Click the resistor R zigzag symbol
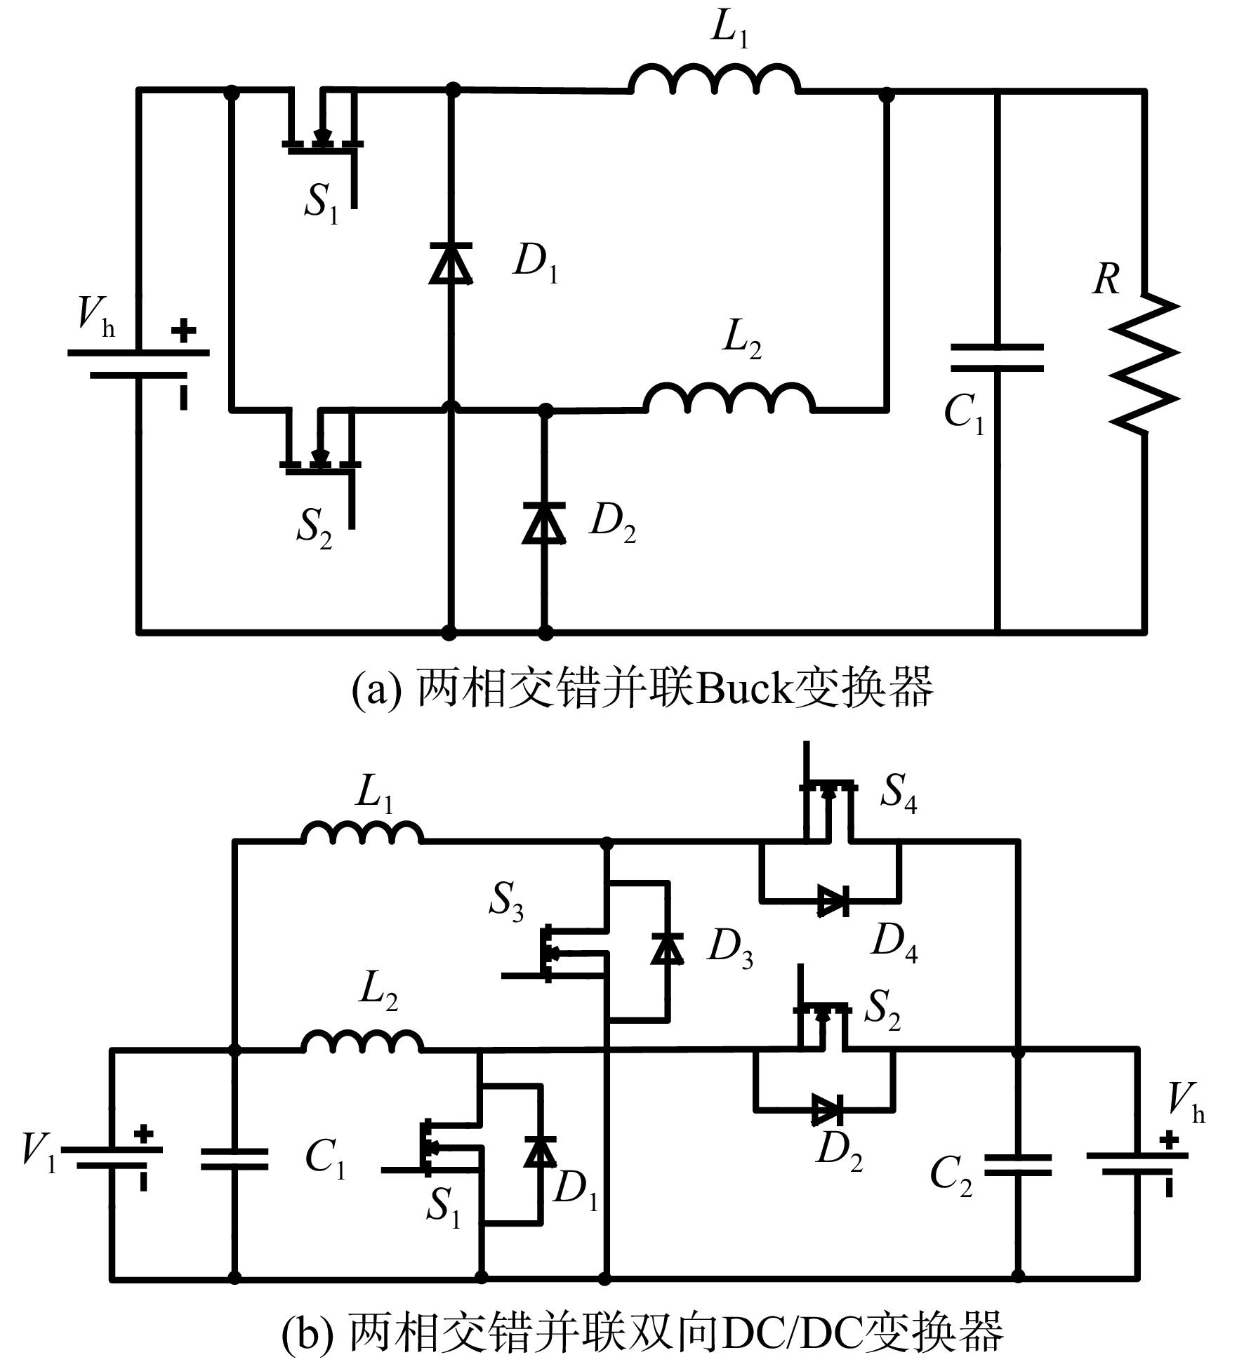point(1144,363)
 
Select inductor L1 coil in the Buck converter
point(715,78)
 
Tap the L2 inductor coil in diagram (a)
point(730,397)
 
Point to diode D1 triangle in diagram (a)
point(450,262)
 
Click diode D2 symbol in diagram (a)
point(544,523)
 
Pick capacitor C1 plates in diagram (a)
point(996,357)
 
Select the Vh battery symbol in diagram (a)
point(139,363)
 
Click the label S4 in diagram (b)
point(899,793)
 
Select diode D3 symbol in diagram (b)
point(667,948)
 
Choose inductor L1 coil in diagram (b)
point(362,832)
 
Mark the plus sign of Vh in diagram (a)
point(183,331)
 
